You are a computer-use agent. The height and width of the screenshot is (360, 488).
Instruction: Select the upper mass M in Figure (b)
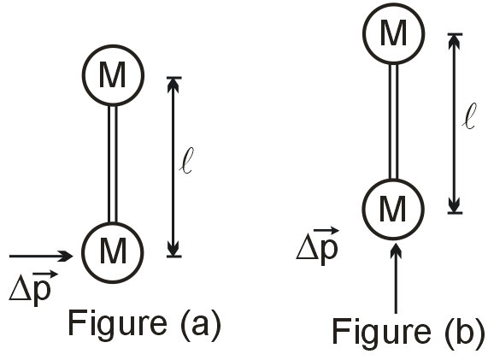[394, 33]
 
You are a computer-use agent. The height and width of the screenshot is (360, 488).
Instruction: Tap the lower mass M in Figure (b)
[394, 209]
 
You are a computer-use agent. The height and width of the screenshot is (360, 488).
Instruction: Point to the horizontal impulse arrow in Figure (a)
[43, 255]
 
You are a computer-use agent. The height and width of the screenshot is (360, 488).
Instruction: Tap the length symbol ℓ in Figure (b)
[467, 117]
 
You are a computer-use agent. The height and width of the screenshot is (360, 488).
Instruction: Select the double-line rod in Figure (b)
[394, 121]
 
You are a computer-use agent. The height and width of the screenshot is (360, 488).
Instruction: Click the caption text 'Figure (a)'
[144, 325]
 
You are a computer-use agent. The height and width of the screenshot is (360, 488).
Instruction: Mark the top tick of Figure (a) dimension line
[173, 78]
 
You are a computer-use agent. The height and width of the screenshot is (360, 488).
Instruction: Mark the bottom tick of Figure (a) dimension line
[173, 255]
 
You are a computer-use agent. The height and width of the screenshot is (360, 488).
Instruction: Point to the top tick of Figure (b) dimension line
[455, 34]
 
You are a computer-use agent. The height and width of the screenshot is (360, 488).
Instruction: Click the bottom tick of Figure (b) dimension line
[455, 211]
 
